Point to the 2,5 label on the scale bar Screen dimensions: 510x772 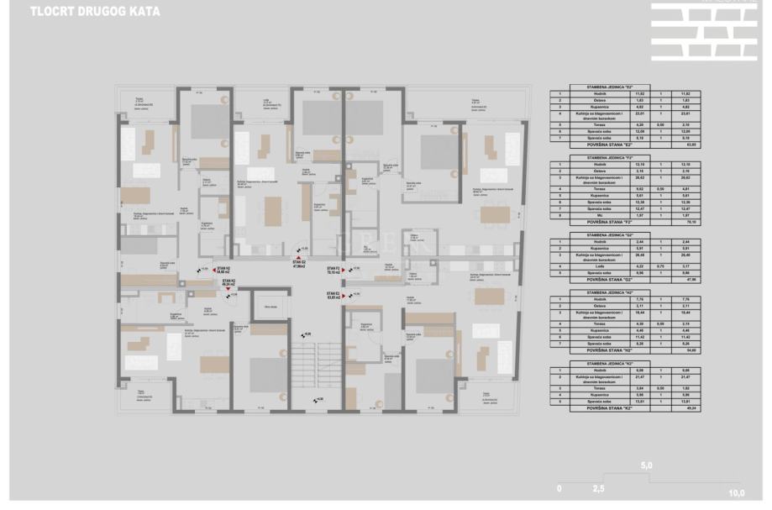[598, 487]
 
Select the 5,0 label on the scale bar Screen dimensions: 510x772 [647, 465]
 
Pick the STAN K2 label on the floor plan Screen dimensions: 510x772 [228, 281]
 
